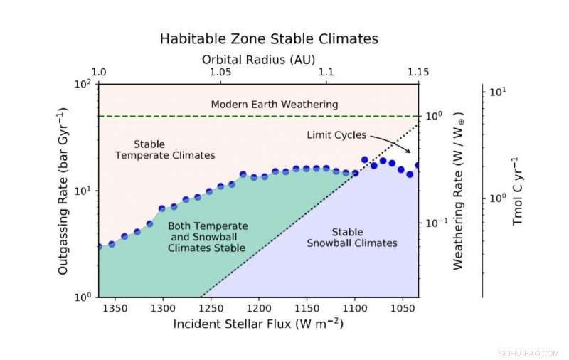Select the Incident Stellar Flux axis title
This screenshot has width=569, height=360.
pyautogui.click(x=258, y=324)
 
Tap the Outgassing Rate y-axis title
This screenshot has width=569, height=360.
pyautogui.click(x=63, y=191)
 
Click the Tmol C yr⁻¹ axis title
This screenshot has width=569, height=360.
pyautogui.click(x=517, y=191)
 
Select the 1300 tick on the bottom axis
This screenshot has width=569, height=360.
pyautogui.click(x=163, y=308)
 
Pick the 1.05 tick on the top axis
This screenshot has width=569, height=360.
pyautogui.click(x=219, y=73)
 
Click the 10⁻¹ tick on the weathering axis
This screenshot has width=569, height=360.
pyautogui.click(x=436, y=223)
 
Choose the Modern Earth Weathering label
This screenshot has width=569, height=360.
pyautogui.click(x=275, y=105)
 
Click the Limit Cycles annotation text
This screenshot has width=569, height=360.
pyautogui.click(x=336, y=134)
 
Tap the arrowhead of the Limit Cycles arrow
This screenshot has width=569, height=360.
pyautogui.click(x=410, y=152)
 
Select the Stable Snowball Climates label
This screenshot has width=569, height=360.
pyautogui.click(x=352, y=238)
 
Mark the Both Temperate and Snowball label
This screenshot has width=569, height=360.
pyautogui.click(x=206, y=237)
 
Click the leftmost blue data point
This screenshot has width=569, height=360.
pyautogui.click(x=100, y=247)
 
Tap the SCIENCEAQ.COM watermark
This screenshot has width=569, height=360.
pyautogui.click(x=525, y=352)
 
